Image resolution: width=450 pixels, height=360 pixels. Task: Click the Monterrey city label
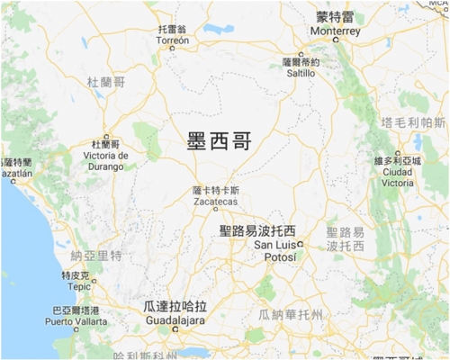[x=334, y=31]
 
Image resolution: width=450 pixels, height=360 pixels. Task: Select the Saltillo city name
[x=299, y=75]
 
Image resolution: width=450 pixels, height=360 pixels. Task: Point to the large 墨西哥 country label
[x=218, y=141]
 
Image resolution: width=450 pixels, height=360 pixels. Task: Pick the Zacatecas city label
[x=216, y=202]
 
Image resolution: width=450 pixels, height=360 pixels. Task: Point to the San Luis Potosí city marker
[x=300, y=244]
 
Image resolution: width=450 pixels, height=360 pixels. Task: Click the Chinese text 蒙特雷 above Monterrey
[x=334, y=16]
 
